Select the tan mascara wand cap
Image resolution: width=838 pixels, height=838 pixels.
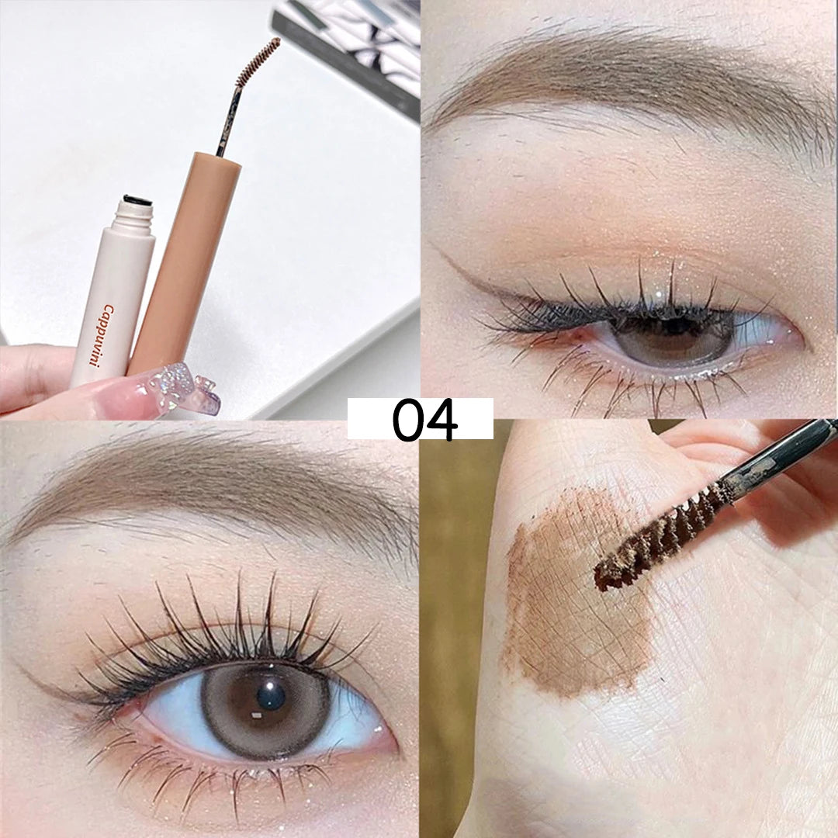click(182, 262)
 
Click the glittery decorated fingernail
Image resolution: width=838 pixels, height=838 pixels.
click(181, 387)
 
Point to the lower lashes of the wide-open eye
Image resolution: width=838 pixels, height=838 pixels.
click(214, 775)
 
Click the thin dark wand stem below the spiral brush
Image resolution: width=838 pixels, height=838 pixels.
click(228, 119)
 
